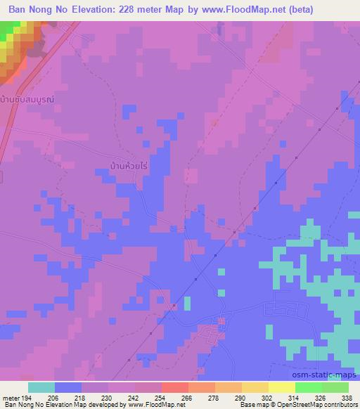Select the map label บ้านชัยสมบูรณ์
click(27, 100)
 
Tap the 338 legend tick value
click(347, 398)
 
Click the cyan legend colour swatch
click(41, 387)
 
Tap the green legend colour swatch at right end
click(335, 387)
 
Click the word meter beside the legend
click(11, 398)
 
